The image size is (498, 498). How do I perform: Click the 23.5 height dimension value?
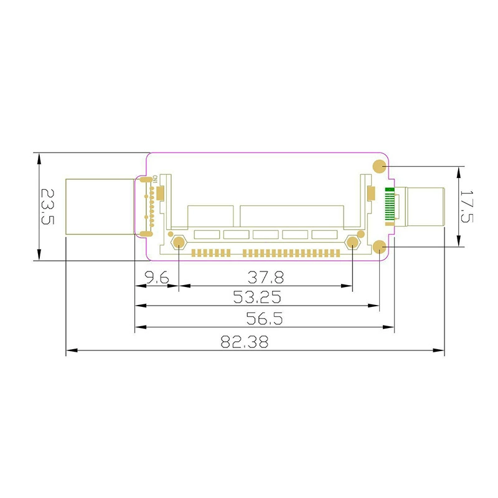click(48, 207)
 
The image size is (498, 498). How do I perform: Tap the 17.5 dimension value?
click(467, 207)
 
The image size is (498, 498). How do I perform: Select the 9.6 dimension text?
click(157, 278)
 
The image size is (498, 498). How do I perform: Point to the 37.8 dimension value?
click(266, 277)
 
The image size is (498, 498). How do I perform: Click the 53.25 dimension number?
click(257, 298)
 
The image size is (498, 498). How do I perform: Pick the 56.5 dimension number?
click(265, 319)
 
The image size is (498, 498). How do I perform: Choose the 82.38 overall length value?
click(245, 342)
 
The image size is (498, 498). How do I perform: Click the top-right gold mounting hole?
click(379, 166)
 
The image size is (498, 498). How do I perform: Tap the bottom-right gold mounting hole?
click(379, 247)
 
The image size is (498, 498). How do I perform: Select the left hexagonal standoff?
click(179, 243)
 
